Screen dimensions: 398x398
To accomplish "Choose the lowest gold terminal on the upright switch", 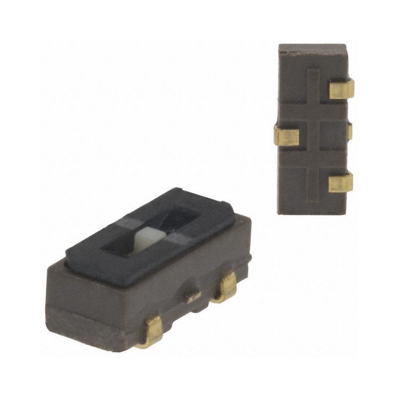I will (341, 182).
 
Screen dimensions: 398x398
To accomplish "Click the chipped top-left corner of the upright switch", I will (282, 48).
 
